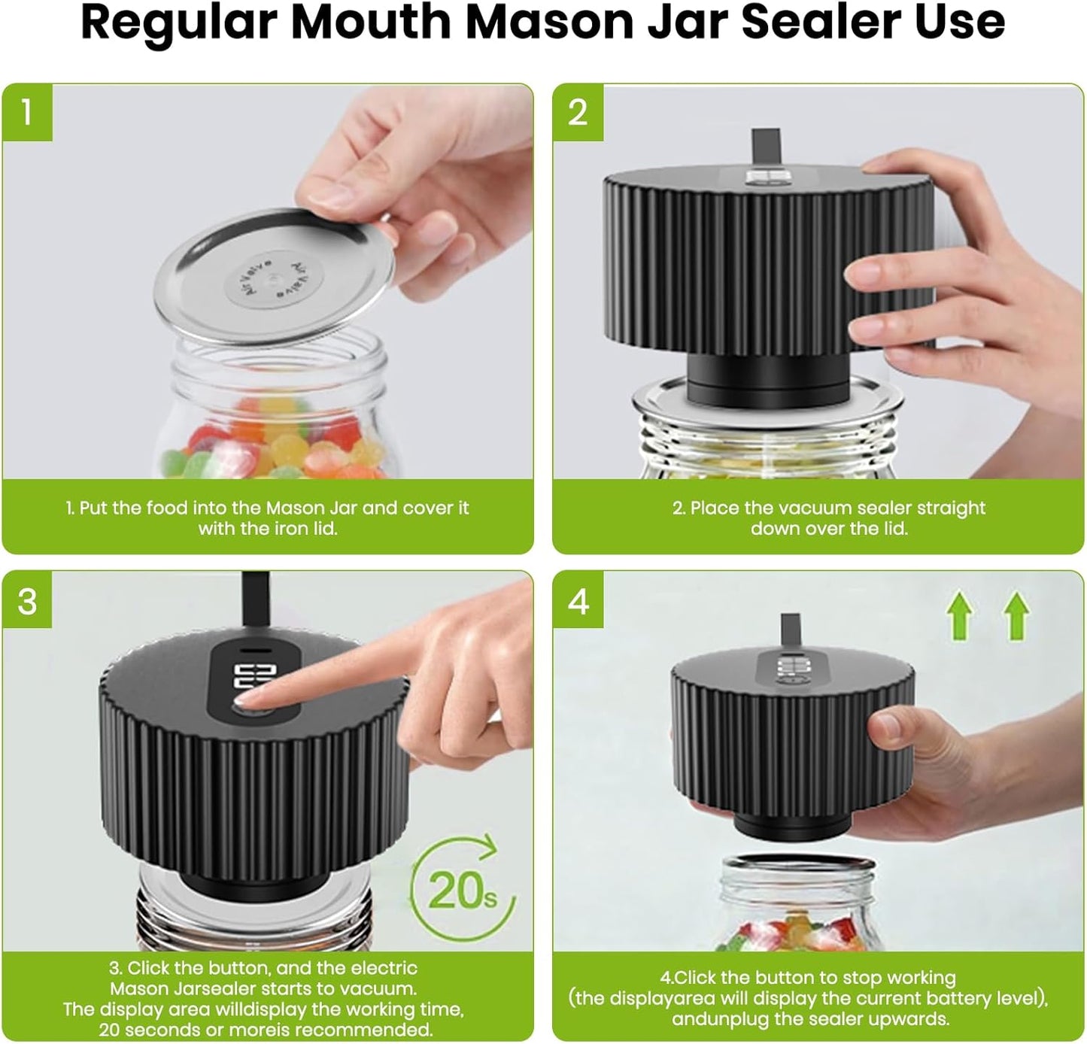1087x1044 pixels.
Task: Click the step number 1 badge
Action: (27, 112)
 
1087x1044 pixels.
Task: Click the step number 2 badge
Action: (578, 112)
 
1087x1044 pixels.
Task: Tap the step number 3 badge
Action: (27, 602)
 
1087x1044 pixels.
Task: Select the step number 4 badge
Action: (578, 602)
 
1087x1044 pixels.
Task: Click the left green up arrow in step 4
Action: (959, 615)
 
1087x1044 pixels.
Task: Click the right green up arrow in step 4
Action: (1016, 615)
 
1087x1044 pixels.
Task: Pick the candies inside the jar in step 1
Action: (271, 444)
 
